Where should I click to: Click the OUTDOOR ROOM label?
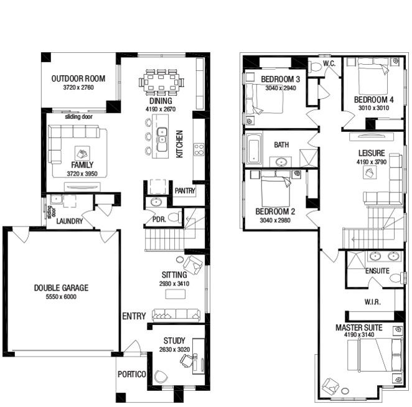pyautogui.click(x=78, y=78)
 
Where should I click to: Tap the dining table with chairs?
pyautogui.click(x=161, y=82)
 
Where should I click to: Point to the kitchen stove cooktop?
pyautogui.click(x=199, y=149)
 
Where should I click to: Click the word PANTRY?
pyautogui.click(x=185, y=190)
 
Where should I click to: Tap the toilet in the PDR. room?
pyautogui.click(x=175, y=217)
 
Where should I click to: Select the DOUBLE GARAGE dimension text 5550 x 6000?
pyautogui.click(x=61, y=297)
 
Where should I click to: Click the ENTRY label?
pyautogui.click(x=134, y=316)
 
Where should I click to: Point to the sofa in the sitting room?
pyautogui.click(x=176, y=316)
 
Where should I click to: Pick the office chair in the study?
pyautogui.click(x=187, y=360)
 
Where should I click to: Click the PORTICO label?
pyautogui.click(x=132, y=374)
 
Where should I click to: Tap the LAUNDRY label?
pyautogui.click(x=70, y=221)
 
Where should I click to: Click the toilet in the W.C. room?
pyautogui.click(x=315, y=67)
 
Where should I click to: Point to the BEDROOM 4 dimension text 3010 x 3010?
pyautogui.click(x=373, y=108)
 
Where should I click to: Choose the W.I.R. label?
pyautogui.click(x=372, y=302)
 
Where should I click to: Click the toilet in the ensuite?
pyautogui.click(x=396, y=278)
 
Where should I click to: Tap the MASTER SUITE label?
pyautogui.click(x=359, y=327)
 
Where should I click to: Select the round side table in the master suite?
pyautogui.click(x=345, y=391)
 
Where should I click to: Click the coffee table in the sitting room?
pyautogui.click(x=176, y=294)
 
